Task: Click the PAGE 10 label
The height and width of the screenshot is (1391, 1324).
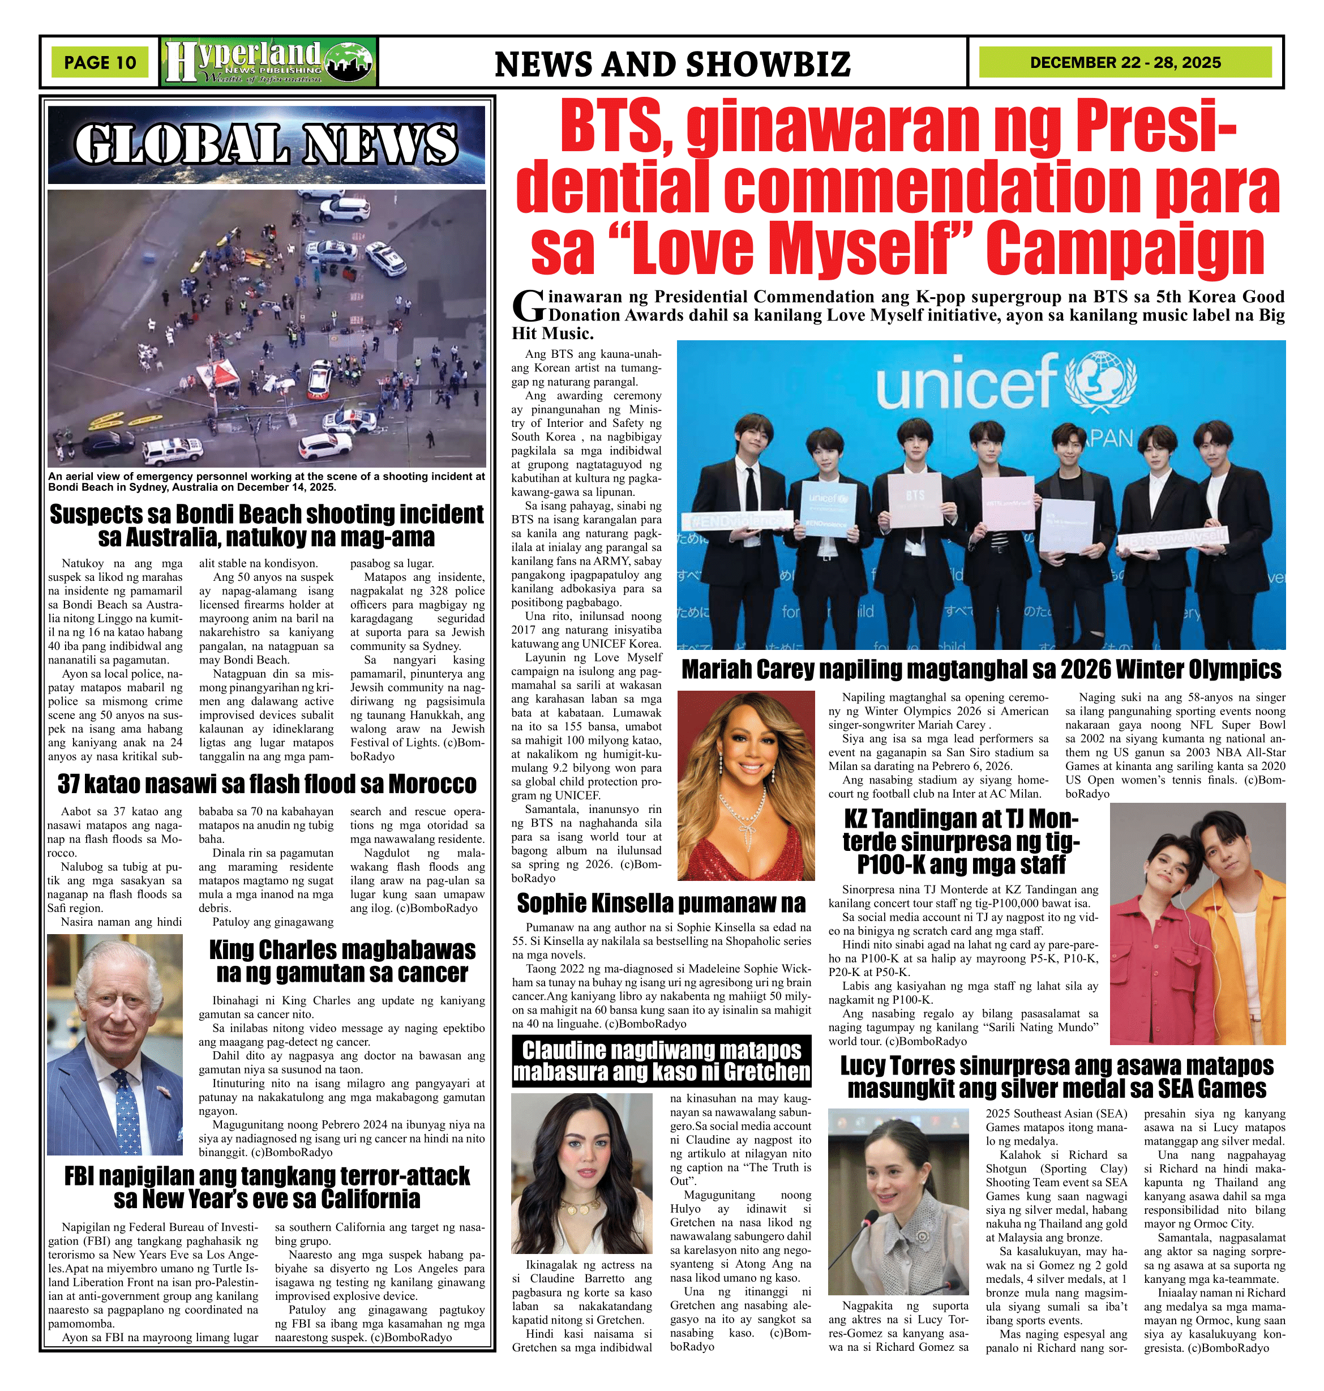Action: coord(100,63)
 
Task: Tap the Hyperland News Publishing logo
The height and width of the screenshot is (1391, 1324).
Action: coord(268,63)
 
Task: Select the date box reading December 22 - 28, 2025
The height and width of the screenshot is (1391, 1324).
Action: coord(1125,63)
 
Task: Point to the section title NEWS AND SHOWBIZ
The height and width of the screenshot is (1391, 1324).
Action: coord(672,64)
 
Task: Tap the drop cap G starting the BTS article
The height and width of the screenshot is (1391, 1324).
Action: coord(528,306)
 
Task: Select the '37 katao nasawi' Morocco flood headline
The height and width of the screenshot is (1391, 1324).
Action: coord(267,785)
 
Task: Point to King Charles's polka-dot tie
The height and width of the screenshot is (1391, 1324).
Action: coord(127,1111)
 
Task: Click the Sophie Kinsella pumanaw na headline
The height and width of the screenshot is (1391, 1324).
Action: coord(661,904)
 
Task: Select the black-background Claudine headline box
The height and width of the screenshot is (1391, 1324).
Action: coord(661,1061)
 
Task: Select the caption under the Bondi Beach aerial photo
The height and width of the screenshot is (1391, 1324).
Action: coord(266,482)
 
